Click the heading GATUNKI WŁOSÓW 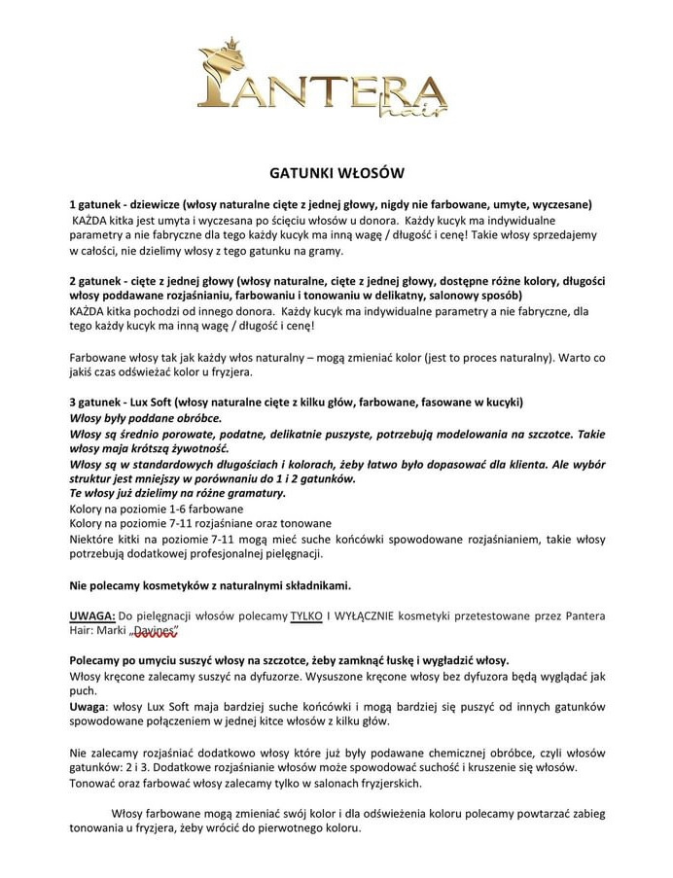pos(336,174)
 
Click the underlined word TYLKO pos(305,616)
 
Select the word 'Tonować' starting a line pos(94,783)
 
